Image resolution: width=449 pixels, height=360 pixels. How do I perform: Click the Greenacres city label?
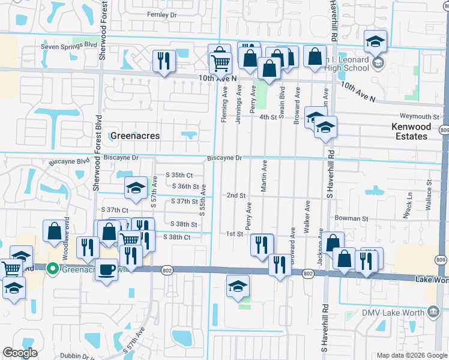135,136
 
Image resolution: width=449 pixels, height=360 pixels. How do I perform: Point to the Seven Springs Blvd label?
69,46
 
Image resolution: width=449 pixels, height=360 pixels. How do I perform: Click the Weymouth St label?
425,116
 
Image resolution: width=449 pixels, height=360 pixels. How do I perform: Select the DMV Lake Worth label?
393,312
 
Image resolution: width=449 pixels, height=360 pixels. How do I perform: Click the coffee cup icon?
107,269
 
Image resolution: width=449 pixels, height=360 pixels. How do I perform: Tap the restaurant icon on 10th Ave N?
162,60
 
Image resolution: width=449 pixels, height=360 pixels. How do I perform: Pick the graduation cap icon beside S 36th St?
135,188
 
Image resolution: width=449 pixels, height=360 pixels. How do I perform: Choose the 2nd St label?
236,196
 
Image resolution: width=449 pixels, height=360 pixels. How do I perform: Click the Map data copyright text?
411,355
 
